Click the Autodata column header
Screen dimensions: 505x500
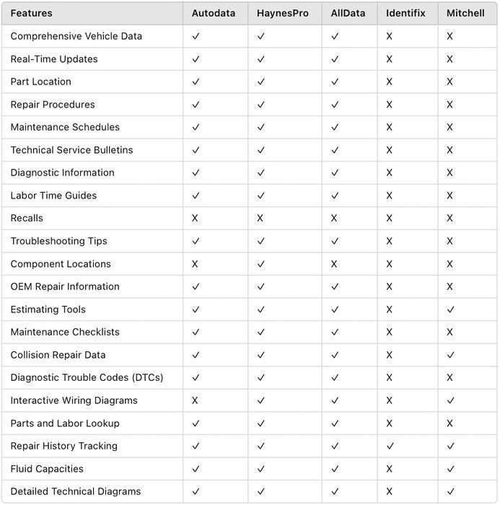pos(213,13)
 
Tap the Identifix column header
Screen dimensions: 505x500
pos(405,13)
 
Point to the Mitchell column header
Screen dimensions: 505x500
pos(465,13)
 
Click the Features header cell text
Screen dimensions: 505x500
pos(31,13)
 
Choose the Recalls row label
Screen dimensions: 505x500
pos(27,218)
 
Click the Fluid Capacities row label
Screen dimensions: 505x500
pos(47,469)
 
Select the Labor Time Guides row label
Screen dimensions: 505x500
pos(53,196)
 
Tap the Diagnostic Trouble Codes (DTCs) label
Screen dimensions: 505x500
pos(87,377)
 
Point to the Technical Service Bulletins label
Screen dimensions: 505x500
pos(71,150)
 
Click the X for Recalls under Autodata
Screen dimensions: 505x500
pos(195,218)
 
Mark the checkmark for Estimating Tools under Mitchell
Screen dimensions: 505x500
pos(449,309)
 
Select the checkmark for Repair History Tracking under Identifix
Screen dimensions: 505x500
pos(389,446)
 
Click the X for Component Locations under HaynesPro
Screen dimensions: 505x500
pos(260,264)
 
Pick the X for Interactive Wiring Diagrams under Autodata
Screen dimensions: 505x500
pos(195,400)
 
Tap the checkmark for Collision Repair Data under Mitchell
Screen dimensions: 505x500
pos(449,355)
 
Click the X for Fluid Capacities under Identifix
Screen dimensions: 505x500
pos(389,469)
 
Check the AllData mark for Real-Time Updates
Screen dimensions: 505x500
pos(334,59)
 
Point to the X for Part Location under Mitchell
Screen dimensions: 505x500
pos(449,82)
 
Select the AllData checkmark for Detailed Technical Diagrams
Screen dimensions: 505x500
pos(334,491)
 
